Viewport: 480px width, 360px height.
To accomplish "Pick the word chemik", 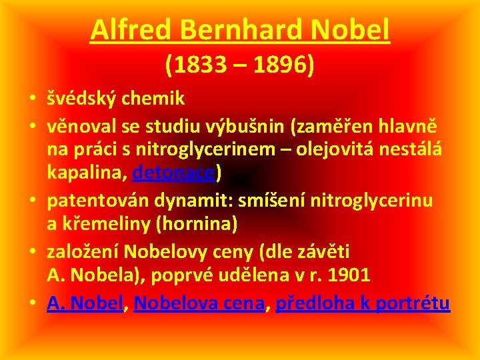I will coord(157,99).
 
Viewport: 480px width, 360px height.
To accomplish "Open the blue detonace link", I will coord(174,173).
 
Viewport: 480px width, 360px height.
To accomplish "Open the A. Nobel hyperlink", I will coord(85,303).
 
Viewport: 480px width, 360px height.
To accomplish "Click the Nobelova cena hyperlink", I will coord(199,303).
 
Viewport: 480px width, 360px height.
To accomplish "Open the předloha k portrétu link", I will coord(363,303).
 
